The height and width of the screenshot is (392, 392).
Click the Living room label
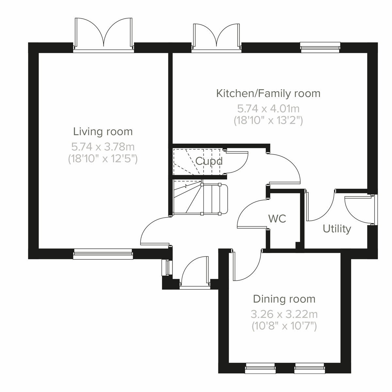tap(103, 132)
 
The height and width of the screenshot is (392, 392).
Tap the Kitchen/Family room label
tap(268, 93)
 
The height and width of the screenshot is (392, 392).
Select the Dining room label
tap(284, 299)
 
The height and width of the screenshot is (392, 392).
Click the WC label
tap(277, 219)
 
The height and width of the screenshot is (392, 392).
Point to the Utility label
tap(337, 229)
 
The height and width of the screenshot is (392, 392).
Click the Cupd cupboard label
tap(209, 161)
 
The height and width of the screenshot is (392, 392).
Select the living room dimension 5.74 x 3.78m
tap(103, 146)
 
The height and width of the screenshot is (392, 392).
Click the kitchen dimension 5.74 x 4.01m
tap(268, 108)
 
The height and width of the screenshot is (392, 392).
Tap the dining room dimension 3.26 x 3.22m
tap(284, 314)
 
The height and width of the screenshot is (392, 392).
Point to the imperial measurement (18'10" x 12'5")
tap(103, 159)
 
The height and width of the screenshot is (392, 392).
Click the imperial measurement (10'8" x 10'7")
tap(284, 326)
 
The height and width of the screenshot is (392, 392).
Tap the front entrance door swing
tap(194, 271)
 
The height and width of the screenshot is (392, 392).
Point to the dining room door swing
tap(247, 266)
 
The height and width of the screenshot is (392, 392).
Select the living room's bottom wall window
tap(103, 254)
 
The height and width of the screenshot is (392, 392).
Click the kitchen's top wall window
tap(320, 47)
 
